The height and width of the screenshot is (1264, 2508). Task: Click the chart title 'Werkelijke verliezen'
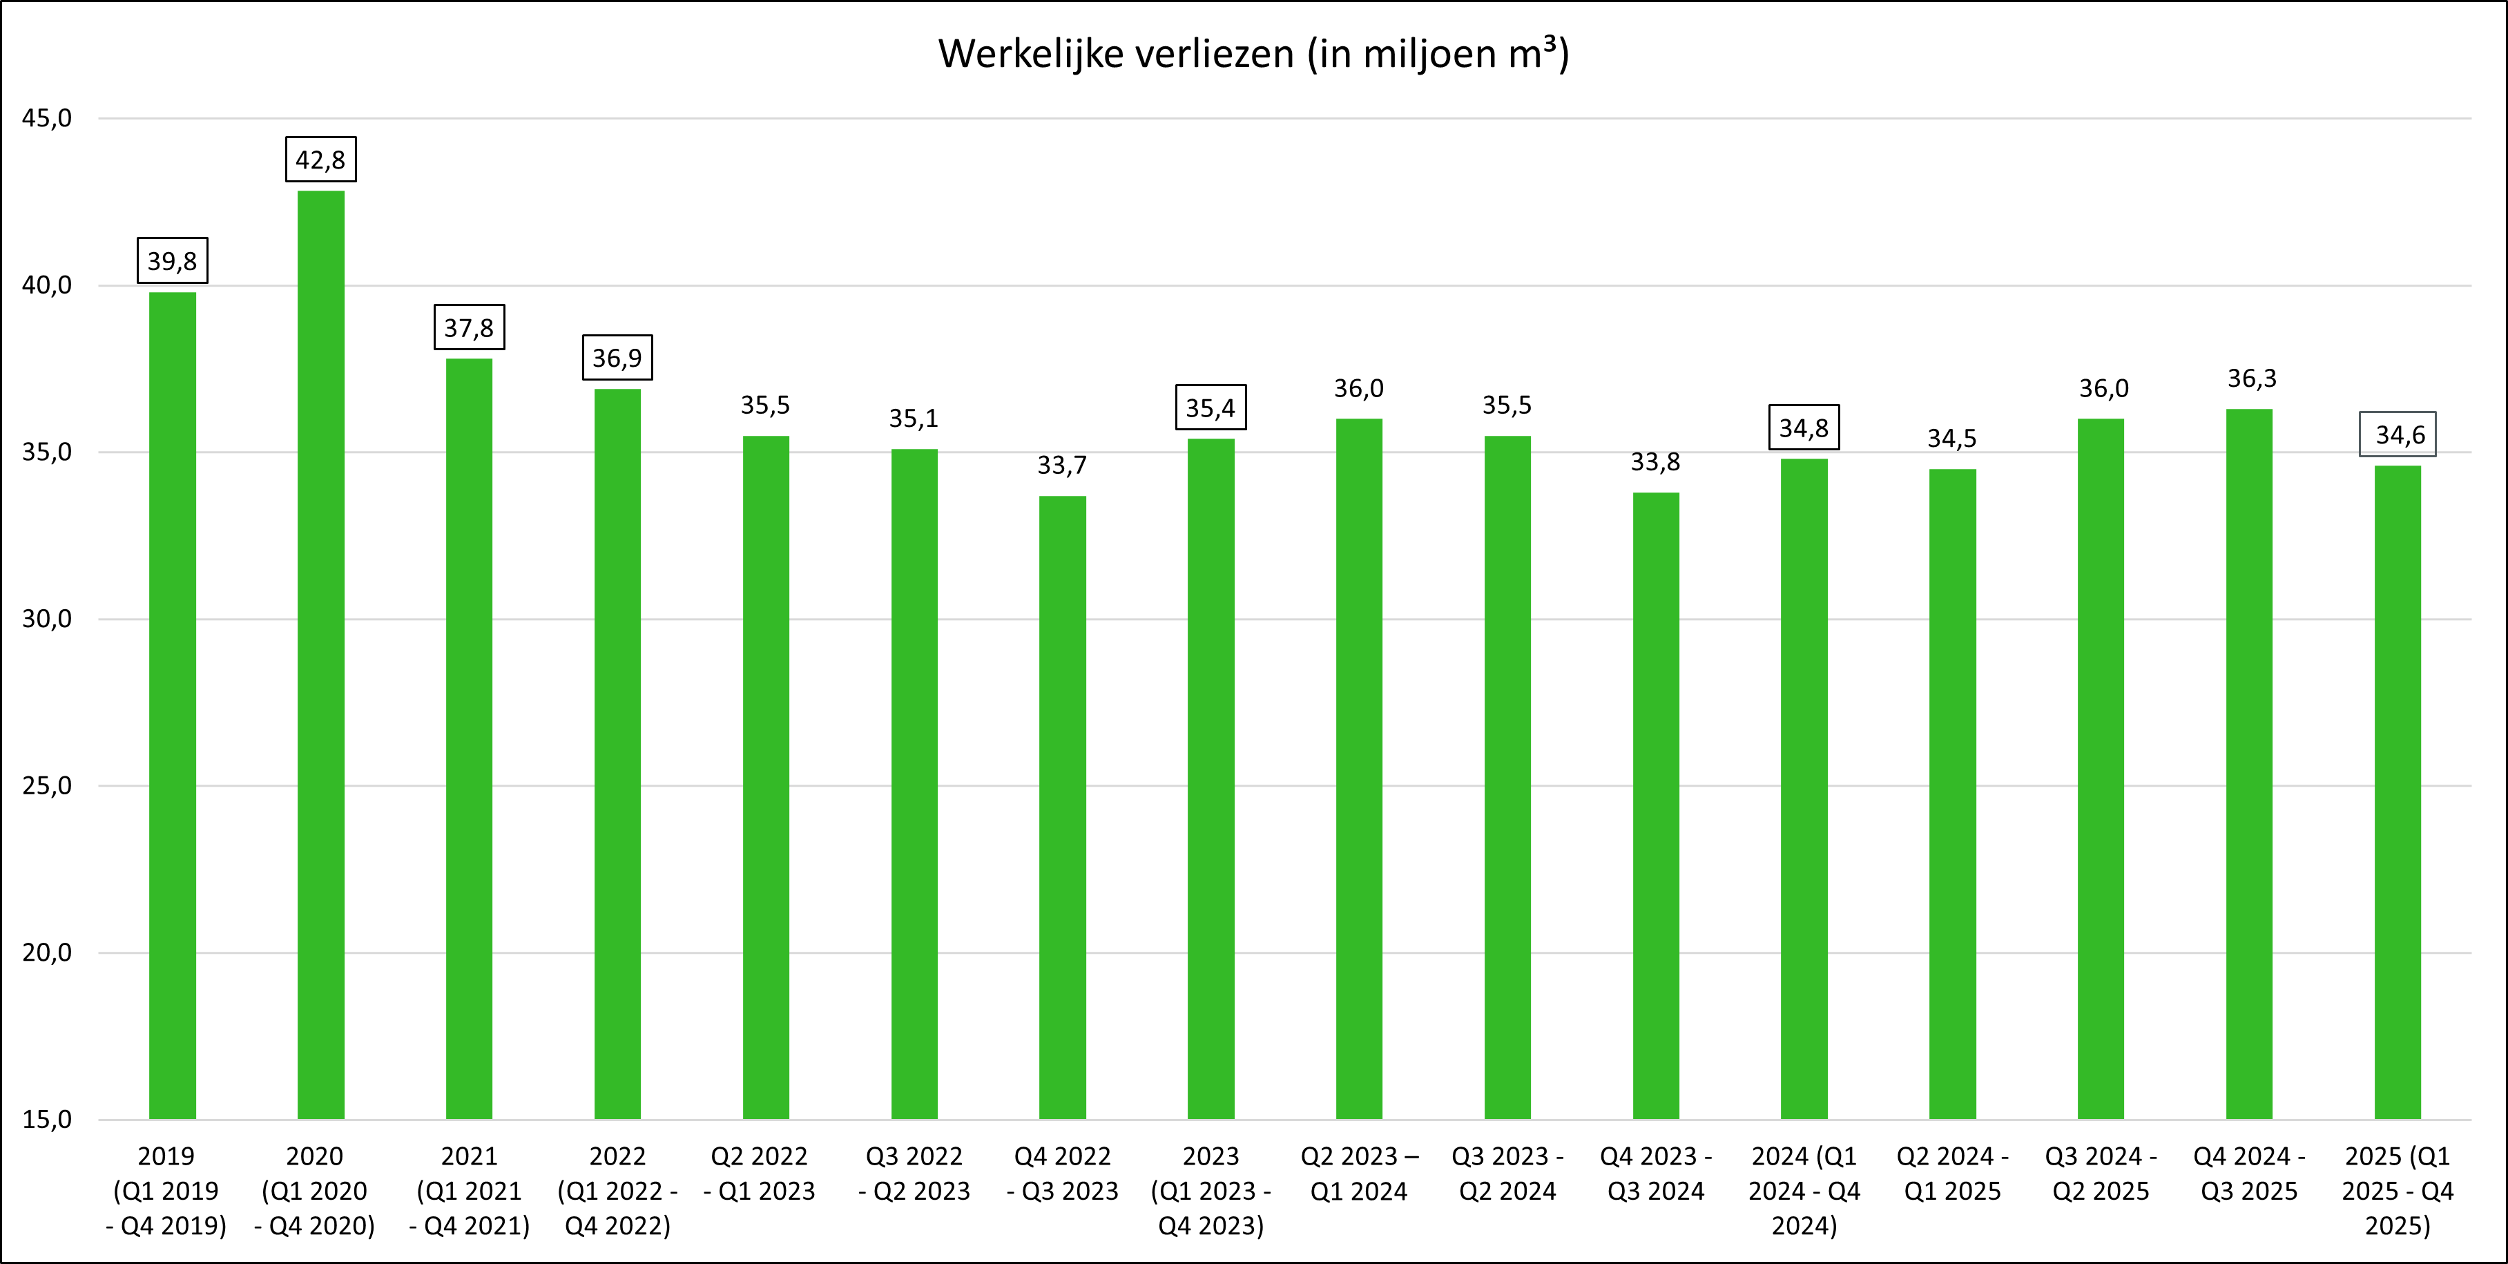pyautogui.click(x=1253, y=55)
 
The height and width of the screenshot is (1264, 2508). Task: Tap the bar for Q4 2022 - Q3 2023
pyautogui.click(x=1062, y=807)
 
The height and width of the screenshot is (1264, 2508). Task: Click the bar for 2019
pyautogui.click(x=173, y=705)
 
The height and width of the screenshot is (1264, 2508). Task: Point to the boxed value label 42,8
pyautogui.click(x=320, y=160)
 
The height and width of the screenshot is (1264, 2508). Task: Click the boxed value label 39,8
pyautogui.click(x=173, y=261)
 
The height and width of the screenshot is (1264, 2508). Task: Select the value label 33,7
pyautogui.click(x=1061, y=466)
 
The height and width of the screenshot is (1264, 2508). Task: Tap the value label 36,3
pyautogui.click(x=2252, y=379)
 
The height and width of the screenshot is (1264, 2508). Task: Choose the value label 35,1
pyautogui.click(x=914, y=419)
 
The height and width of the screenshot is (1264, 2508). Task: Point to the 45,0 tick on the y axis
pyautogui.click(x=47, y=119)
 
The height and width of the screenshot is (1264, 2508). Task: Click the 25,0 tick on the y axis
pyautogui.click(x=47, y=786)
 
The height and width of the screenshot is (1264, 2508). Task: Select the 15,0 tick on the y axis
pyautogui.click(x=47, y=1119)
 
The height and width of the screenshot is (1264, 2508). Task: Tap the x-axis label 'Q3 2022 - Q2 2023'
pyautogui.click(x=914, y=1174)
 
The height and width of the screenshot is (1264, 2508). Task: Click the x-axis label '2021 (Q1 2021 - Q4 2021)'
pyautogui.click(x=470, y=1190)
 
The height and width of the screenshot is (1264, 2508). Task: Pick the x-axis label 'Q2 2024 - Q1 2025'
pyautogui.click(x=1952, y=1174)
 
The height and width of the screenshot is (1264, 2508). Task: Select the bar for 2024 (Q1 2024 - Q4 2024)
pyautogui.click(x=1804, y=789)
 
